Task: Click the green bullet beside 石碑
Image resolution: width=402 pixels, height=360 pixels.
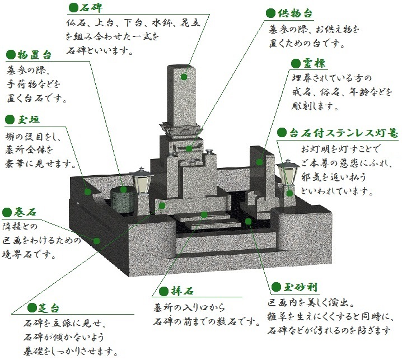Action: pyautogui.click(x=72, y=8)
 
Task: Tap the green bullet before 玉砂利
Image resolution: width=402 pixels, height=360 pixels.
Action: pyautogui.click(x=277, y=288)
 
